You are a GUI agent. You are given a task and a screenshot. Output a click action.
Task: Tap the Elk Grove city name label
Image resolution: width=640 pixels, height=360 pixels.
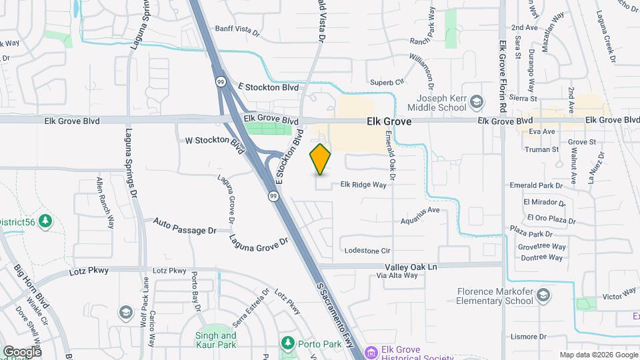pos(389,122)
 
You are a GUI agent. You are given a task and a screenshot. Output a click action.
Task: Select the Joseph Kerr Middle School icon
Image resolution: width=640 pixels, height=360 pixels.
pos(476,102)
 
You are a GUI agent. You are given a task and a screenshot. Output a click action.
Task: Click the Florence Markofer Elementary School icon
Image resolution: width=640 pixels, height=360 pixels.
pos(544,295)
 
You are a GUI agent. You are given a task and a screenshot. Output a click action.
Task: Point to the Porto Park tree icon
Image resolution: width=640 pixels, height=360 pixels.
pos(288,343)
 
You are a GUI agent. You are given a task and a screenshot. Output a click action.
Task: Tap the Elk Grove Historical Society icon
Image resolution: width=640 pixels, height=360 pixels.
pos(371,351)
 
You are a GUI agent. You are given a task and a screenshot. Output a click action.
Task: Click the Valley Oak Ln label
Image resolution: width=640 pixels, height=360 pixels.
pos(405,266)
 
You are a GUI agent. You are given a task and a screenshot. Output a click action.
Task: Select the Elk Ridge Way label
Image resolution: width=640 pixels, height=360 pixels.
pos(363,185)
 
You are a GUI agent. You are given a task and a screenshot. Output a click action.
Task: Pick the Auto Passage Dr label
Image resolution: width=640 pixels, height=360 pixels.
pos(185,226)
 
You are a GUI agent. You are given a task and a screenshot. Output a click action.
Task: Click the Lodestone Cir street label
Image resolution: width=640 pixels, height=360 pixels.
pos(367,251)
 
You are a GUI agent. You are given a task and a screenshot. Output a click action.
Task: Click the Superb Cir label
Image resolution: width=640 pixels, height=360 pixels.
pos(387,82)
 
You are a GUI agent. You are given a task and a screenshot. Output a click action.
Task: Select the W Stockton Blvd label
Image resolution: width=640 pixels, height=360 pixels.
pos(215,141)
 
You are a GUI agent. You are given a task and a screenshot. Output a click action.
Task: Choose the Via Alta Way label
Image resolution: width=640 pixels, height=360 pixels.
pos(397,275)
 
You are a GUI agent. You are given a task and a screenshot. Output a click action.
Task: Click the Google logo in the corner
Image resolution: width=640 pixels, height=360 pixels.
pos(21,351)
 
